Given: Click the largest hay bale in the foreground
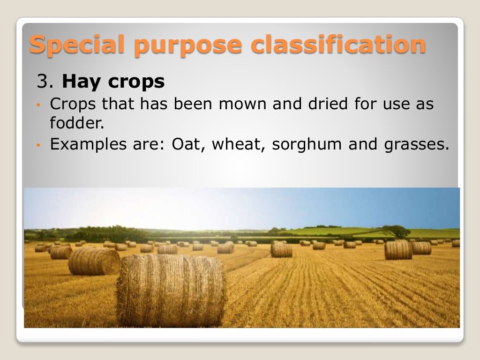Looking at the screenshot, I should click(171, 290).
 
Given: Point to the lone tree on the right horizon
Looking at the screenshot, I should click(396, 231).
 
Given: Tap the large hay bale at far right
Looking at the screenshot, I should click(398, 250).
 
